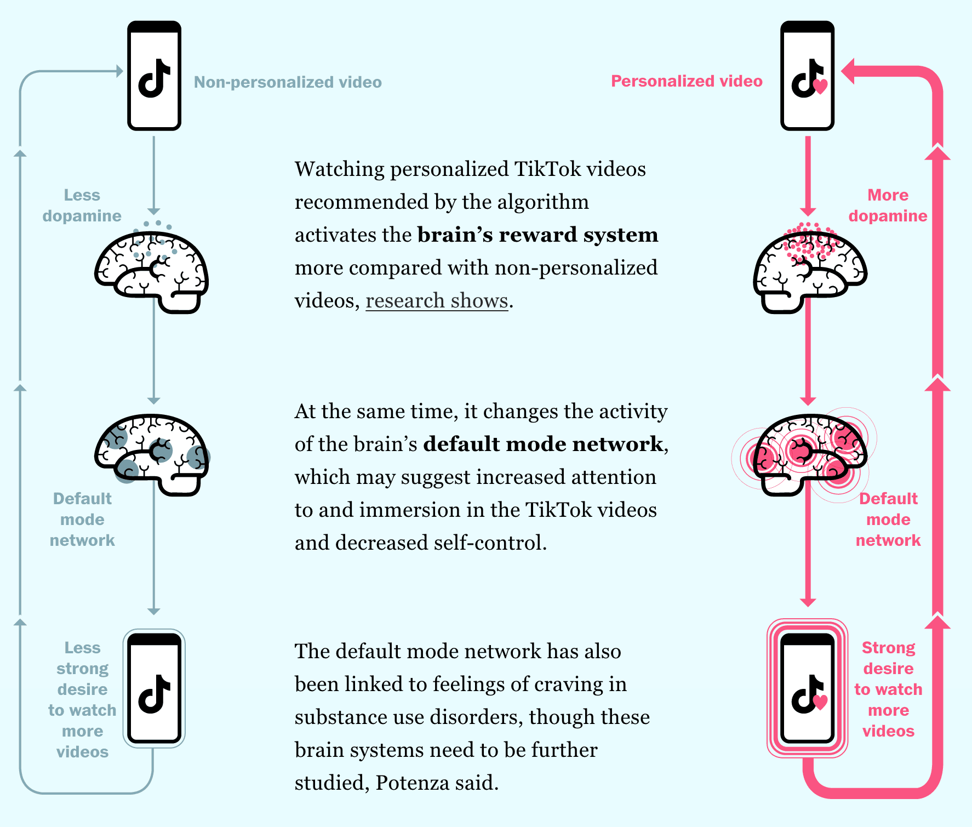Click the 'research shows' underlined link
(437, 301)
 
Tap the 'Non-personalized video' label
(288, 82)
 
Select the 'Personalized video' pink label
(687, 81)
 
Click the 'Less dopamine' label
(82, 206)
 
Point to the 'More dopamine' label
(888, 206)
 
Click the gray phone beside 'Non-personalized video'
(154, 76)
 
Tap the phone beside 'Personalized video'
(807, 76)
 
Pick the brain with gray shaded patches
(151, 454)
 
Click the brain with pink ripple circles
(809, 454)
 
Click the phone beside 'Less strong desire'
(154, 688)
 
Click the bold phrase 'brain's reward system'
(538, 235)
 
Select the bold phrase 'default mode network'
(543, 444)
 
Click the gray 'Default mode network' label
(82, 520)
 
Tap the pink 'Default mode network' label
(888, 520)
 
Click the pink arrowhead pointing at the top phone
(849, 72)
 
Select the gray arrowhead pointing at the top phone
(119, 71)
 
